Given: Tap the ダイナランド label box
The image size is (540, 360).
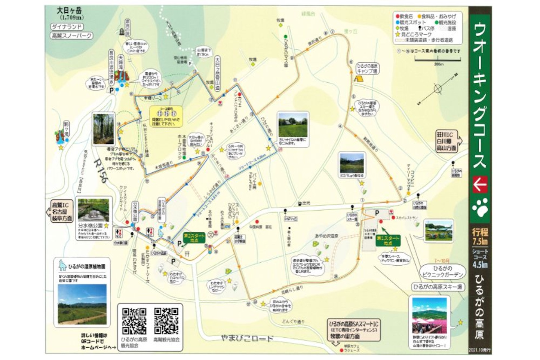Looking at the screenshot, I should (x=67, y=27).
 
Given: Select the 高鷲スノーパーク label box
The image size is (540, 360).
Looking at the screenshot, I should (x=71, y=36).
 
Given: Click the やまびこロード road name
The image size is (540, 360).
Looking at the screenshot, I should (x=245, y=338).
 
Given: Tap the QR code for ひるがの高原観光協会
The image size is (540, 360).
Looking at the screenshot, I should (x=134, y=321).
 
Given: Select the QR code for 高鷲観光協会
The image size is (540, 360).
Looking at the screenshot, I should (x=166, y=321).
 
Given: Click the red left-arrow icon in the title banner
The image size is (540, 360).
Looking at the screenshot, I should (x=480, y=184).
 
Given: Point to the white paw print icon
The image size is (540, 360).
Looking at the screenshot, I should (x=480, y=208).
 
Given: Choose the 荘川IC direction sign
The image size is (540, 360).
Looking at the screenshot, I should (x=447, y=141).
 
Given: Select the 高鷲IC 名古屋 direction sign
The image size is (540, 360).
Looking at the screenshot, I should (x=61, y=211).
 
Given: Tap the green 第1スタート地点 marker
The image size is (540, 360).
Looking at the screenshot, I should (x=387, y=240).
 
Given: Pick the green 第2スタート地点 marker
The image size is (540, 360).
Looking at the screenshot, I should (x=194, y=238).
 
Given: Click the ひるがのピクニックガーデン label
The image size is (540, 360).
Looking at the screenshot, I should (x=442, y=271).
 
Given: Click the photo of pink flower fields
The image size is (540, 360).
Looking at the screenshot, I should (x=429, y=314).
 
